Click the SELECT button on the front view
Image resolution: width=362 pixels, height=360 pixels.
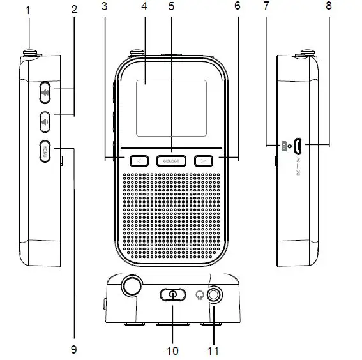tap(170, 161)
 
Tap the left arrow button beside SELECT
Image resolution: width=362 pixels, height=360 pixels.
tap(136, 161)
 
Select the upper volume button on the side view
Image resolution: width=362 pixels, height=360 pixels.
tap(46, 93)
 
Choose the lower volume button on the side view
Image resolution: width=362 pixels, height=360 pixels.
tap(46, 119)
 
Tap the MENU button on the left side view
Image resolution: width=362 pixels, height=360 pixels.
tap(46, 152)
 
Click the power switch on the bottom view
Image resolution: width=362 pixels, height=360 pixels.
tap(172, 294)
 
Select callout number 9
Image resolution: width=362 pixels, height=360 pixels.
tap(74, 350)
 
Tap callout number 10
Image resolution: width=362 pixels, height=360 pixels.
tap(172, 350)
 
